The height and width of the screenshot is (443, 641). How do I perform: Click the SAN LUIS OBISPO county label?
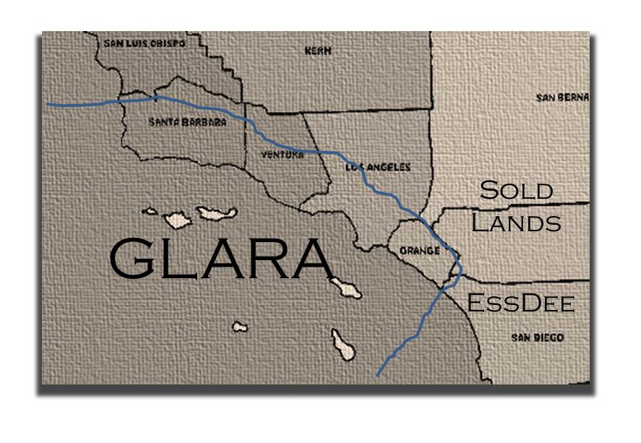[145, 43]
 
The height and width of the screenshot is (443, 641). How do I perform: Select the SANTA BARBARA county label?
[187, 122]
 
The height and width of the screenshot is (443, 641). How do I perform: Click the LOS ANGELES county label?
[378, 167]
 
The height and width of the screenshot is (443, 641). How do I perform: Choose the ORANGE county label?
[420, 251]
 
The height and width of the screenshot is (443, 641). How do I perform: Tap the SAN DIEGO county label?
[537, 337]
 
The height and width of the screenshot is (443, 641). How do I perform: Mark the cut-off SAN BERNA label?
[562, 98]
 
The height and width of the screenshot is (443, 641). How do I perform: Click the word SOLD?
[517, 191]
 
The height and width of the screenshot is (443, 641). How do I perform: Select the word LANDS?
[516, 223]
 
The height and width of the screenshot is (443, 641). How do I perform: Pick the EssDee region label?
[520, 303]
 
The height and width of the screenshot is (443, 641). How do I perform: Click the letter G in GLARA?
[135, 259]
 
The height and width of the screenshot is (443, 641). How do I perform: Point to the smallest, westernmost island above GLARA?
[150, 212]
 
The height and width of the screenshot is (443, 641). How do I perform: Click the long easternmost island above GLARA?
[217, 213]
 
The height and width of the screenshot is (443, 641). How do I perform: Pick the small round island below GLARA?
[239, 327]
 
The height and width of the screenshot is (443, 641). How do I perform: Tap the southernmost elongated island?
[343, 344]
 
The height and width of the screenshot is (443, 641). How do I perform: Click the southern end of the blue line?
[378, 375]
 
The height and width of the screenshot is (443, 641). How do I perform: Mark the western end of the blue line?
[48, 104]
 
